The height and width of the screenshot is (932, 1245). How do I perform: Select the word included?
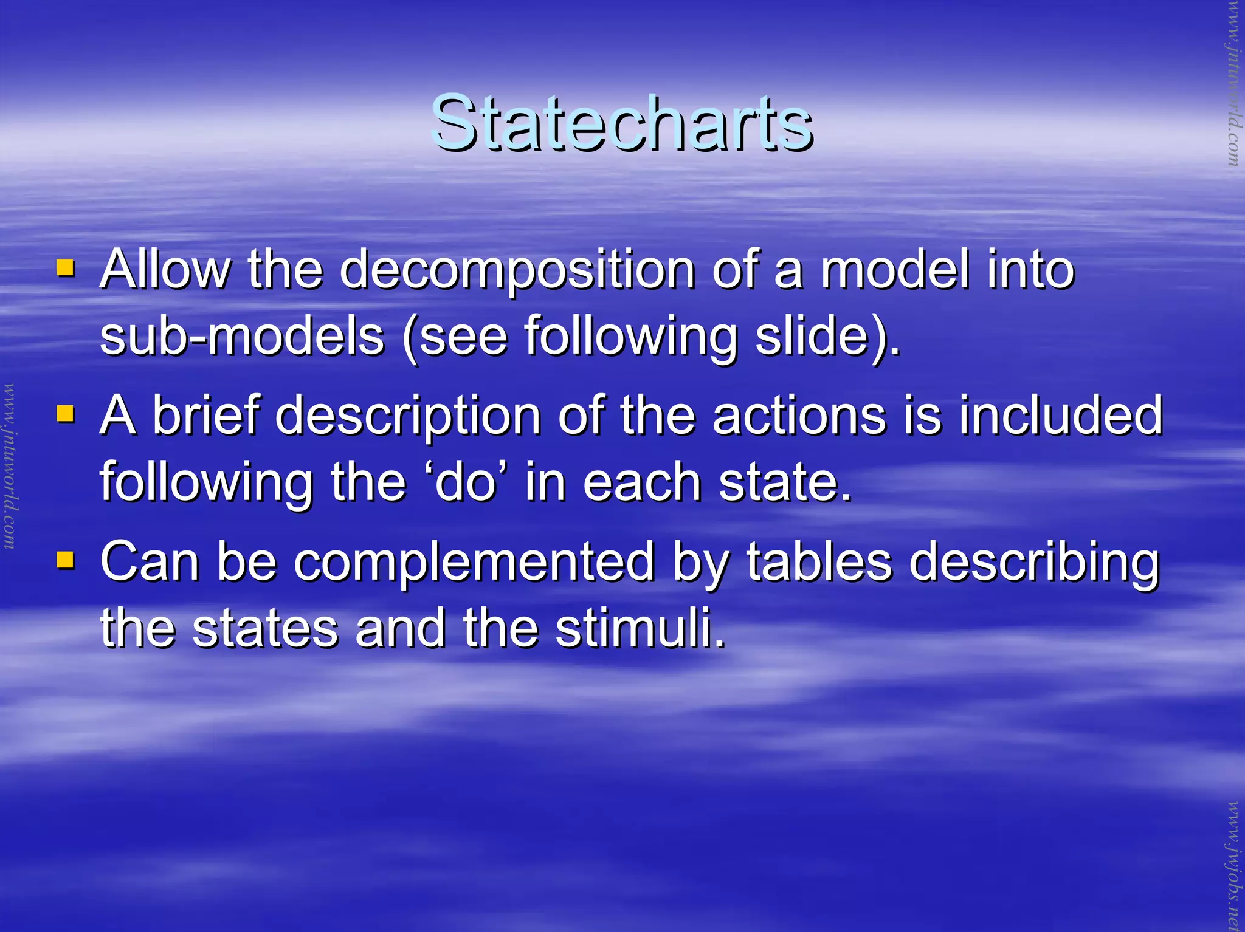(x=1061, y=416)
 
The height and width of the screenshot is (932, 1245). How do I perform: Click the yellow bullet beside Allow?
(x=65, y=268)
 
